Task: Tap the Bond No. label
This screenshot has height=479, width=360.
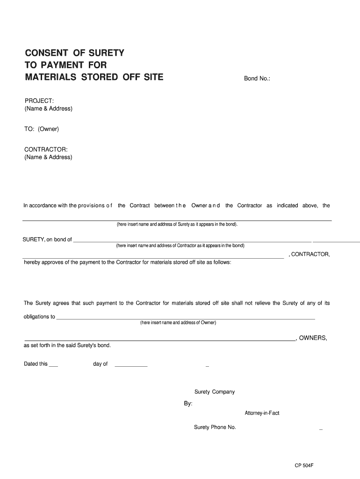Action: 257,79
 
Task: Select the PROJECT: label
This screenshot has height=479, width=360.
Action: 39,101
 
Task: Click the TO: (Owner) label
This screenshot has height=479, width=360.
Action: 42,129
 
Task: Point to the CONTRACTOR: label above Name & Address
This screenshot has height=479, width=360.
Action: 46,149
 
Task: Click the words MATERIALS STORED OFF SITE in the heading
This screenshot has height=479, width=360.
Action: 94,77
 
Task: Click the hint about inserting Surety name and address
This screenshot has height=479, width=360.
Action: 177,224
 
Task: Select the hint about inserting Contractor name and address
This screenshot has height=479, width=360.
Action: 180,246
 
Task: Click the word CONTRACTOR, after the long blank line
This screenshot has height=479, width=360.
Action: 310,254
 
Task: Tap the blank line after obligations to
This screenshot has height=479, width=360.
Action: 185,319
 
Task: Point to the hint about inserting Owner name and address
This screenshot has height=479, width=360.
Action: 178,323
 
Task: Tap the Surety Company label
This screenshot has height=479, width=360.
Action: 215,392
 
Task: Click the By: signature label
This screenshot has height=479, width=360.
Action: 188,403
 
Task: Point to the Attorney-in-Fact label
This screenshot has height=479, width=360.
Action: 262,414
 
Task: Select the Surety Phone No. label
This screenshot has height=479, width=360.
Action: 215,428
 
